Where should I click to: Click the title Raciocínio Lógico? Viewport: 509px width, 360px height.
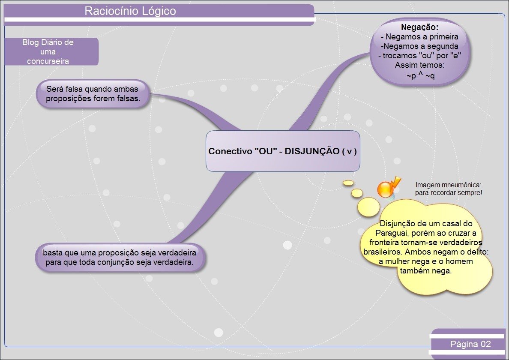(130, 11)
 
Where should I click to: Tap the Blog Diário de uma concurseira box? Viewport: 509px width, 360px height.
(48, 52)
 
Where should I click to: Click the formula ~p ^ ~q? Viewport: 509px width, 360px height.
(420, 76)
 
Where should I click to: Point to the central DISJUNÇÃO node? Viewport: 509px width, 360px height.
(283, 151)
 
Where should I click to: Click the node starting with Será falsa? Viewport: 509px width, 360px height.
(93, 94)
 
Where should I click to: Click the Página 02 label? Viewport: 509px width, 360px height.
(470, 344)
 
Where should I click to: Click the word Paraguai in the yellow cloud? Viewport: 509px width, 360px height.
(392, 233)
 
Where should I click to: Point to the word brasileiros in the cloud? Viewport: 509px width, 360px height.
(382, 252)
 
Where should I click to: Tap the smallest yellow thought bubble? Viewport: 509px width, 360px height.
(348, 183)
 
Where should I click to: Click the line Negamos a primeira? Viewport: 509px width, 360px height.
(420, 37)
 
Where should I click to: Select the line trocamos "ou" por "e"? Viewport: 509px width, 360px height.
(419, 56)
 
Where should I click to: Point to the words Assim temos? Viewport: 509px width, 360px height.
(420, 66)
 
